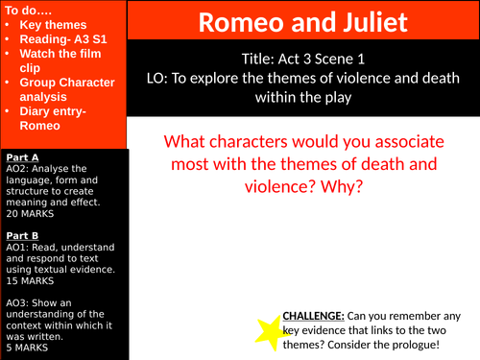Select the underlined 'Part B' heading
click(22, 234)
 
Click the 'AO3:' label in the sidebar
click(17, 301)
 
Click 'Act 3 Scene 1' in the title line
click(325, 56)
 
